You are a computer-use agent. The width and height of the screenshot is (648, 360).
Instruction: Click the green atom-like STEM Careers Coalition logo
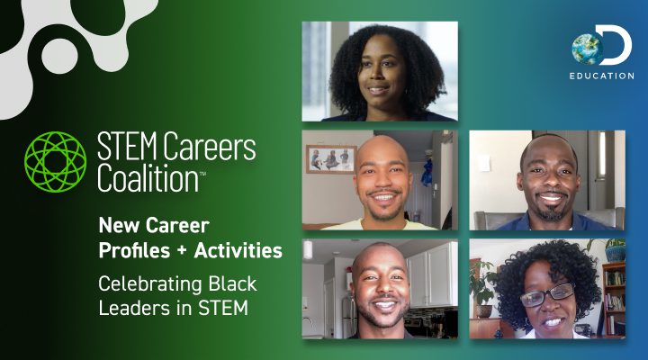click(x=57, y=161)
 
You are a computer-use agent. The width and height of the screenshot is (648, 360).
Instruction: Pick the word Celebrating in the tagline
click(x=148, y=284)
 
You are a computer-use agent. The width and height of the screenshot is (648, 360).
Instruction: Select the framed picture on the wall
click(x=330, y=158)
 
